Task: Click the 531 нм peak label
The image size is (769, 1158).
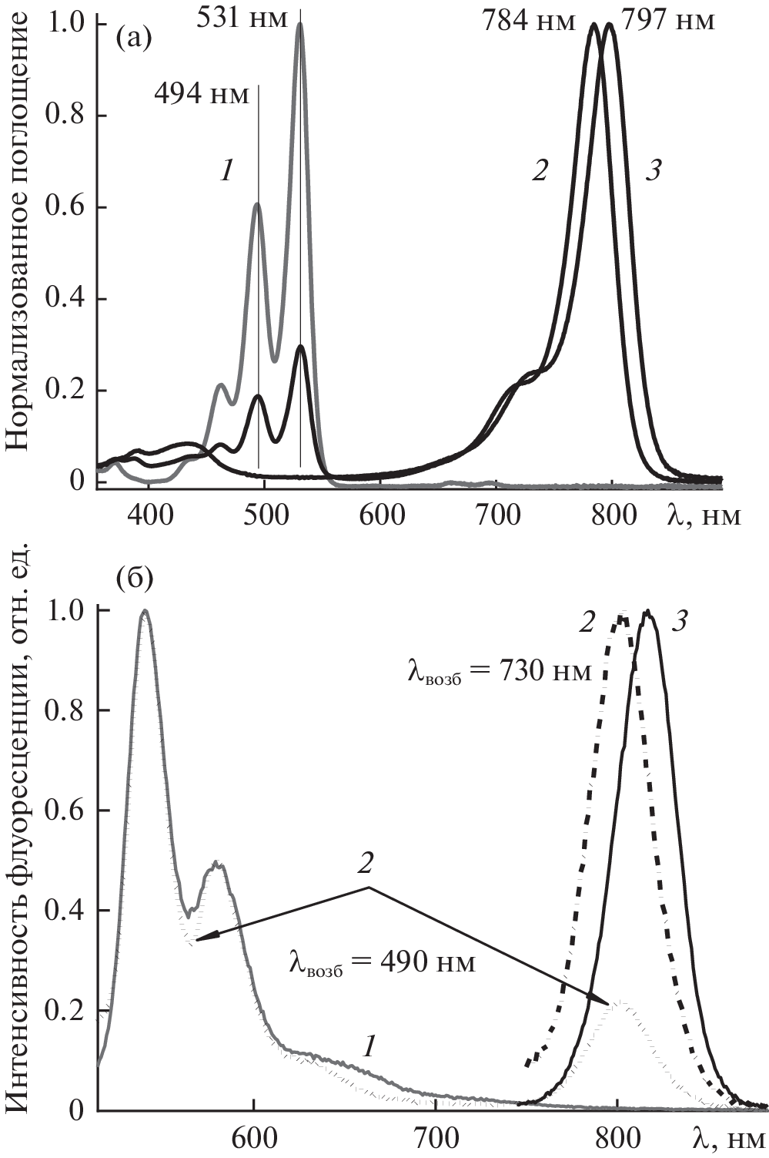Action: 242,17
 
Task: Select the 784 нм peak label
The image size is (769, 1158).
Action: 529,21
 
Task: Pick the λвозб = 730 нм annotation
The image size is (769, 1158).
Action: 500,673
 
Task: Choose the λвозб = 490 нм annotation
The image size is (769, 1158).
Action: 382,962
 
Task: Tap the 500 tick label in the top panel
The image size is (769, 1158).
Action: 264,515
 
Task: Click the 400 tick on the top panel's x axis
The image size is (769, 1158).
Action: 149,515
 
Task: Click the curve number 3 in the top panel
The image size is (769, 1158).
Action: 653,171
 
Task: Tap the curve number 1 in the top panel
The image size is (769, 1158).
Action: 226,171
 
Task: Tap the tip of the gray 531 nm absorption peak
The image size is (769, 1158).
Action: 300,24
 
